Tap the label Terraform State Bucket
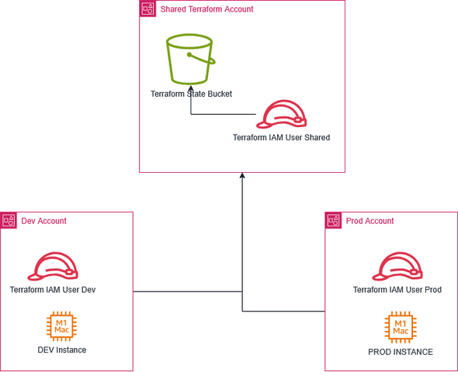pos(191,94)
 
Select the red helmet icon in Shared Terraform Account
pos(282,114)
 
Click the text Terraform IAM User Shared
pos(281,138)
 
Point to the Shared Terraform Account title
pos(206,9)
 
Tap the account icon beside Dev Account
pos(9,221)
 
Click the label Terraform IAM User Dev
pos(57,290)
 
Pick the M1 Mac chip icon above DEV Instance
pos(61,326)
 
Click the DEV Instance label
pos(61,350)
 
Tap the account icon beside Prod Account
pos(334,221)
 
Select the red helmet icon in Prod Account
pos(397,266)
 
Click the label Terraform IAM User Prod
pos(397,290)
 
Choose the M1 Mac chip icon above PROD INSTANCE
pos(400,326)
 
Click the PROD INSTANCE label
pos(400,352)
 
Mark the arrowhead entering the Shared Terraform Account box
pos(243,176)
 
